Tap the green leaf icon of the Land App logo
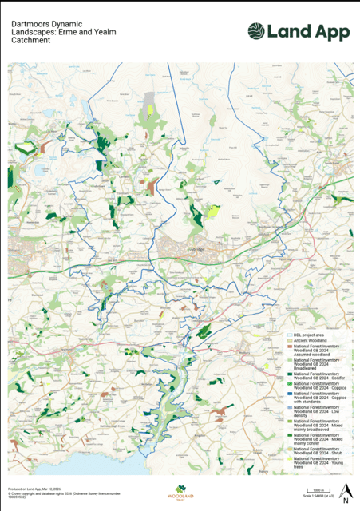256,31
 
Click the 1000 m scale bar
317,492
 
